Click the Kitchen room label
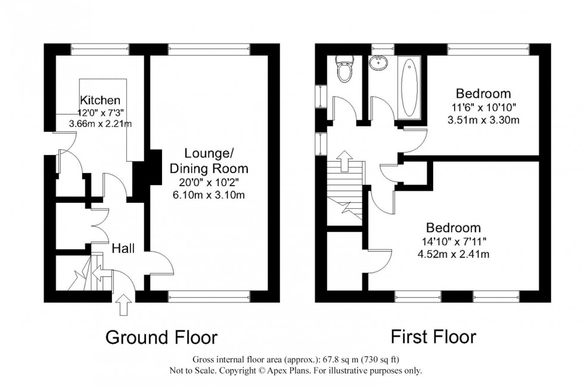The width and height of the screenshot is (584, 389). (x=100, y=100)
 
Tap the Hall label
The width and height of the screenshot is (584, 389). (x=123, y=246)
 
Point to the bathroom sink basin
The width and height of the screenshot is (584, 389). (x=378, y=63)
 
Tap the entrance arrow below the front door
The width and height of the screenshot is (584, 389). (x=124, y=306)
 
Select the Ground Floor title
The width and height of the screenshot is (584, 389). (x=161, y=338)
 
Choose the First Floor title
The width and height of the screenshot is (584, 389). (x=433, y=337)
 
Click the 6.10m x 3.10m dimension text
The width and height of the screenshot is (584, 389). (x=208, y=195)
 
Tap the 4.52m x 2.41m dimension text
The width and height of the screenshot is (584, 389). (x=453, y=255)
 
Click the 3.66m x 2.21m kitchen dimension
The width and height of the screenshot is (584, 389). (x=100, y=124)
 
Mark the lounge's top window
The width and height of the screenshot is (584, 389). (x=209, y=50)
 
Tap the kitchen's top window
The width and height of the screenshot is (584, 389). (x=100, y=50)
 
